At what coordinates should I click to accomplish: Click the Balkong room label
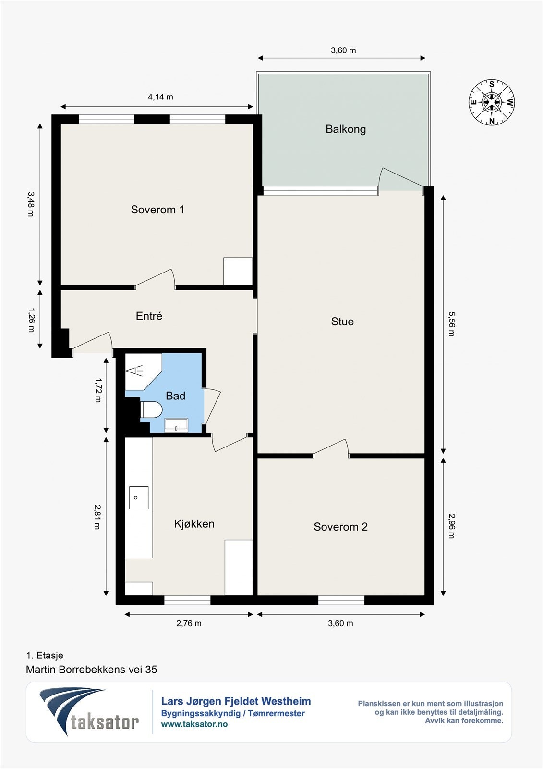(x=345, y=129)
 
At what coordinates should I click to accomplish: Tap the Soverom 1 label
(x=157, y=210)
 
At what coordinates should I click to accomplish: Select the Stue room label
(x=342, y=322)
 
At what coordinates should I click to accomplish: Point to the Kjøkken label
(x=194, y=524)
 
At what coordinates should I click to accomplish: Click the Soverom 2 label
(x=340, y=527)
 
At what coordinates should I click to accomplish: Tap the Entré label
(x=149, y=316)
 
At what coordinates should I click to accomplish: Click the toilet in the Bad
(x=151, y=409)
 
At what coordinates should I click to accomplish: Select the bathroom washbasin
(x=176, y=425)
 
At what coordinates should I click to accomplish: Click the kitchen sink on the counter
(x=139, y=497)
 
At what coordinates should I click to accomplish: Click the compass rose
(x=492, y=102)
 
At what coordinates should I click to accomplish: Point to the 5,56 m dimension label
(x=451, y=324)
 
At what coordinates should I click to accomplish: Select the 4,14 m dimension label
(x=160, y=97)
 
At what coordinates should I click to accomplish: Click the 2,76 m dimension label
(x=189, y=623)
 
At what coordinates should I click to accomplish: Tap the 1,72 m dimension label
(x=98, y=390)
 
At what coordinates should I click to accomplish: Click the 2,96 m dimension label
(x=451, y=526)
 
